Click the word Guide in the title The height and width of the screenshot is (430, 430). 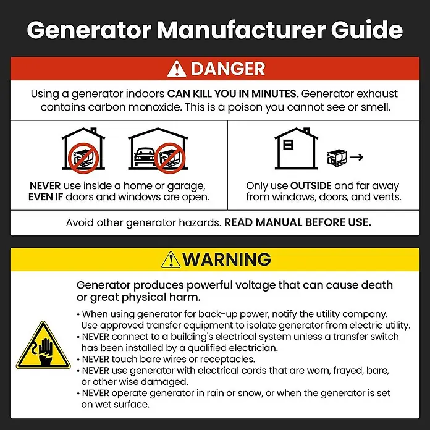point(366,30)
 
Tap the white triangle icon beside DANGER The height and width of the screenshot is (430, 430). point(177,69)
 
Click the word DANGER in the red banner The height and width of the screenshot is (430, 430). point(228,69)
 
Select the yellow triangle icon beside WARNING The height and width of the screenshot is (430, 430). point(171,259)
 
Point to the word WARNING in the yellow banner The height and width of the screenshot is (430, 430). point(227,259)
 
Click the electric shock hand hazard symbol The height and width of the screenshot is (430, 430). point(43,345)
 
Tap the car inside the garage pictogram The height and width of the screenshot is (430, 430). point(145,156)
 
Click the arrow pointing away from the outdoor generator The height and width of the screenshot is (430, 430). point(356,157)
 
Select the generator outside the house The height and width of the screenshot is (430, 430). point(337,158)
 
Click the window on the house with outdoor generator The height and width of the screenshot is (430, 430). point(289,145)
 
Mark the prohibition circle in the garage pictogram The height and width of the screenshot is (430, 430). point(170,158)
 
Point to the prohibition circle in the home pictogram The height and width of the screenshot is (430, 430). point(83,158)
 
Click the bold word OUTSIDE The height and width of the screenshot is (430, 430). point(311,186)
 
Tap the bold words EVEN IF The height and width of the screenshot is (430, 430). point(46,197)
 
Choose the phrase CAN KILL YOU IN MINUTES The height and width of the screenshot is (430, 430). point(233,94)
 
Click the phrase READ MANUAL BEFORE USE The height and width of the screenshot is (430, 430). point(298,222)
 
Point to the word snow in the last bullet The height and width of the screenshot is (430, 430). point(250,394)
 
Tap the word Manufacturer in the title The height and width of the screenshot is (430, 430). point(242,30)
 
